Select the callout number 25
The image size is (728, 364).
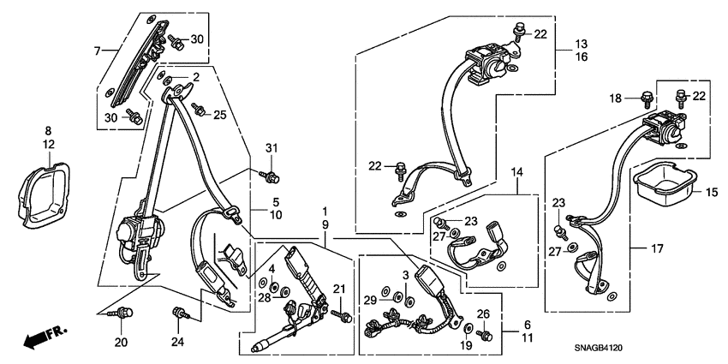(220, 114)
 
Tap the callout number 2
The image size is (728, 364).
(195, 78)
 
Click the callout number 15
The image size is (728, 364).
(710, 192)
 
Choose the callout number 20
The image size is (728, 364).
(121, 343)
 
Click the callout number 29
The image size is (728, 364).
(369, 299)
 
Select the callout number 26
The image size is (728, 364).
(482, 313)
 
